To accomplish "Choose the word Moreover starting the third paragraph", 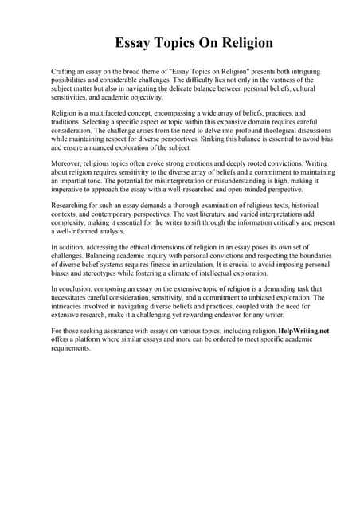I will point(67,164).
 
